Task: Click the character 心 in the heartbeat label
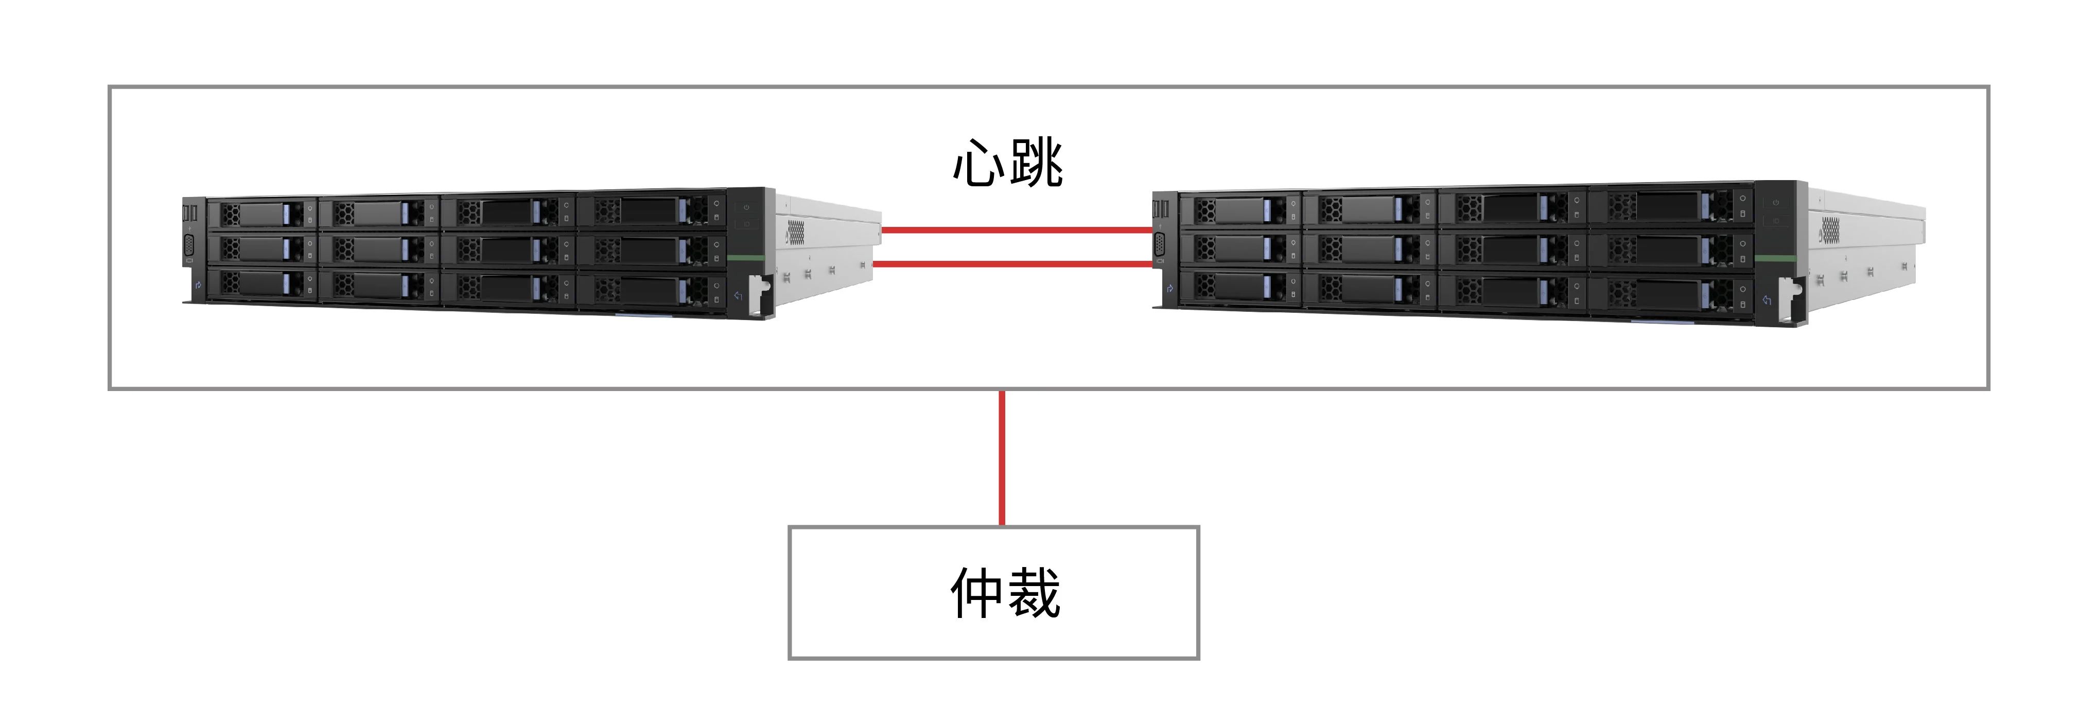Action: point(978,164)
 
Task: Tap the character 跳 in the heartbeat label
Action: point(1036,164)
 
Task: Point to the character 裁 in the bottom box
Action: point(1035,593)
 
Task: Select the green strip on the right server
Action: point(1775,259)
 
